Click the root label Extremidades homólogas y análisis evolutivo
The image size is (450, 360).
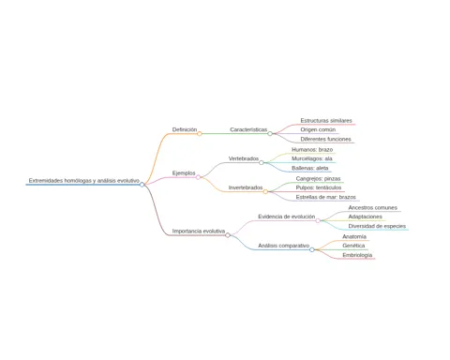click(84, 181)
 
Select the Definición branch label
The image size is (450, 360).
click(185, 129)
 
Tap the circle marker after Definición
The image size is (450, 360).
click(200, 134)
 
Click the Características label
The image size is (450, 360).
click(248, 129)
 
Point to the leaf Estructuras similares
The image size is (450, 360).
click(326, 121)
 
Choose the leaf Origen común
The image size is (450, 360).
click(318, 129)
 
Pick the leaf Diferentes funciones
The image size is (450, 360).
click(325, 139)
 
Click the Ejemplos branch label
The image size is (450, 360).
click(184, 173)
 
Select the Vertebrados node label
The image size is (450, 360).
click(244, 158)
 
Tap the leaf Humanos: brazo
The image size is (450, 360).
click(312, 150)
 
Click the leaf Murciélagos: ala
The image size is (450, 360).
click(312, 158)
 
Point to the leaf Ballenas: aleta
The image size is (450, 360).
click(310, 168)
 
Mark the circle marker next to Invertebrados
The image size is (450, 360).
click(265, 191)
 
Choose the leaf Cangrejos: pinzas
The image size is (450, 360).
click(318, 179)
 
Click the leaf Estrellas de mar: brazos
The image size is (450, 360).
click(326, 197)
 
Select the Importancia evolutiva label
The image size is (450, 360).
click(199, 232)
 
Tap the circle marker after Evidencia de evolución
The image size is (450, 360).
click(318, 220)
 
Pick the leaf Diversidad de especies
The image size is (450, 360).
click(377, 226)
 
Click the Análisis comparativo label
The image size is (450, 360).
click(284, 246)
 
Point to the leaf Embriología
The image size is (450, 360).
click(357, 255)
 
